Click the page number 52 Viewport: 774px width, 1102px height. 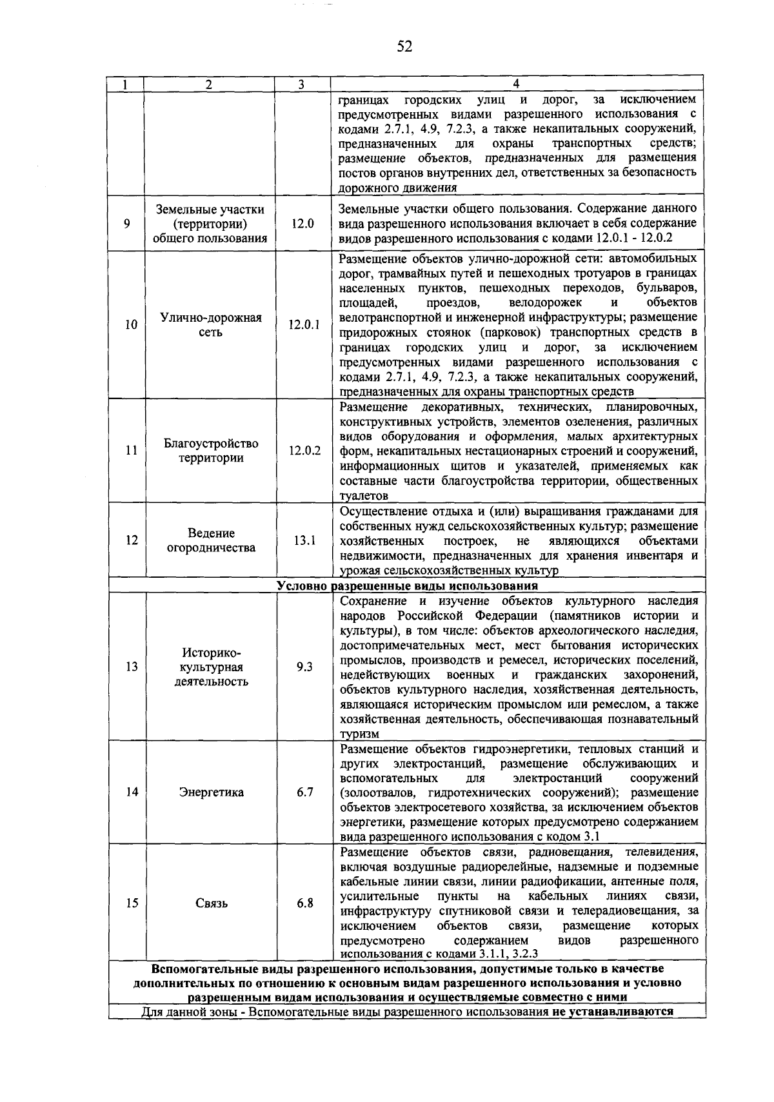click(404, 46)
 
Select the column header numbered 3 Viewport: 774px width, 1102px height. click(301, 84)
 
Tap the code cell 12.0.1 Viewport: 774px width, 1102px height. click(304, 325)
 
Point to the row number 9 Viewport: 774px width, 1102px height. click(127, 224)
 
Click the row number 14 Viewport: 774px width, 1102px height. click(131, 792)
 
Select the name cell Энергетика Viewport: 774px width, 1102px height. click(211, 792)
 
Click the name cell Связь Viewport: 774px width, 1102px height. click(211, 903)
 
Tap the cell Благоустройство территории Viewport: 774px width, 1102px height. click(211, 451)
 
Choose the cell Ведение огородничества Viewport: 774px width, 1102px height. click(211, 540)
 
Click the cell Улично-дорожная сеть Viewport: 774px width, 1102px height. click(211, 325)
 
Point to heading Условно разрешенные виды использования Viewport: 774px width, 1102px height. click(407, 586)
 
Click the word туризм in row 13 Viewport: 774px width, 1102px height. click(359, 734)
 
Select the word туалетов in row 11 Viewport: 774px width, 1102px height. click(364, 496)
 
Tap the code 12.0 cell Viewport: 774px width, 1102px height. click(303, 224)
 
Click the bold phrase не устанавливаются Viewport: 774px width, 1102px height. click(612, 1011)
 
